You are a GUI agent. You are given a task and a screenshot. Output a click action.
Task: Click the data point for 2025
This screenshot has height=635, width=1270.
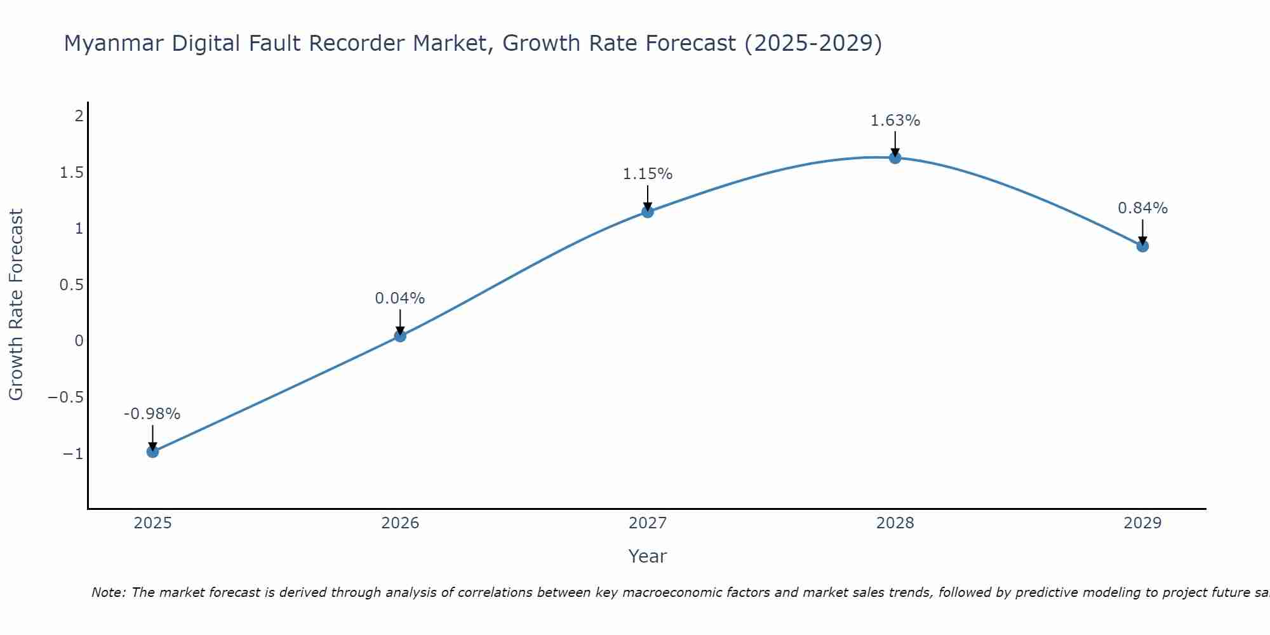152,451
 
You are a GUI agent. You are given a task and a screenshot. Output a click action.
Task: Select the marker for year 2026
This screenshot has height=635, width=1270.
400,336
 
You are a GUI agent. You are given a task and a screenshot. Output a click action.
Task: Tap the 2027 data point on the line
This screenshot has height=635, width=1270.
648,211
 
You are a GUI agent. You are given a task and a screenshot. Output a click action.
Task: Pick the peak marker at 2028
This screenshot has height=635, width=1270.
895,157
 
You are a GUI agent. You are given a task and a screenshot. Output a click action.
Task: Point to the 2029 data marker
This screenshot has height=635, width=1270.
1142,246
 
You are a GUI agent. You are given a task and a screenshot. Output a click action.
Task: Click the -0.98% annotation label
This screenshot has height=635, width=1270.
152,414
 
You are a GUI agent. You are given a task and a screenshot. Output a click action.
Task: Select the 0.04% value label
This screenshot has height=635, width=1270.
399,298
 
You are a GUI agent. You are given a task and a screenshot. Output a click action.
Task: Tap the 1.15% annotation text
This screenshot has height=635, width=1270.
647,174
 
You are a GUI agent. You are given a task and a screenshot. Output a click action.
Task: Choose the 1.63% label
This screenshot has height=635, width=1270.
895,121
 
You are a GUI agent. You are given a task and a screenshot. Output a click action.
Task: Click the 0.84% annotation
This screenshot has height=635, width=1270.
1142,208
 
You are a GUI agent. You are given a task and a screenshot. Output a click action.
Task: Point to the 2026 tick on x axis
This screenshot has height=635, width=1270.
400,523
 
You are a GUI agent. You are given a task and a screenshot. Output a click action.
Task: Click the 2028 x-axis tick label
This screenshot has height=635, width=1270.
895,523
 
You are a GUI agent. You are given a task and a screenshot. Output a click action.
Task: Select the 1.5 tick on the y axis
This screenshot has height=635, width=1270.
72,173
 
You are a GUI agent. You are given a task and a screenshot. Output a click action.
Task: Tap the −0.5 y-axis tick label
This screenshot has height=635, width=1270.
66,398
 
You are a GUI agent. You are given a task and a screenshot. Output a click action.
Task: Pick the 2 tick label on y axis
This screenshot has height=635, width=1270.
79,116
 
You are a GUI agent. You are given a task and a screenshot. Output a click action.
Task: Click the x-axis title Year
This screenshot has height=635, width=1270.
647,556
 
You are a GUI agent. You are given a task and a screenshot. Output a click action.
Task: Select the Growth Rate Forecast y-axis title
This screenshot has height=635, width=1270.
16,305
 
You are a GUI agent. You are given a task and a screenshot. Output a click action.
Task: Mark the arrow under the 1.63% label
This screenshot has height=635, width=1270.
895,144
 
